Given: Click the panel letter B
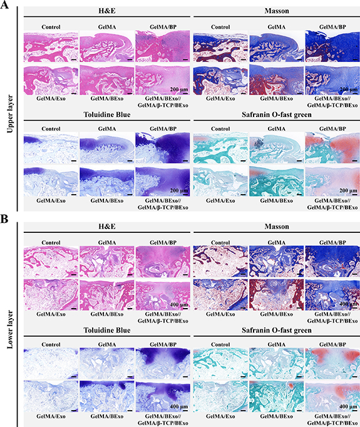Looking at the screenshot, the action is click(x=4, y=219).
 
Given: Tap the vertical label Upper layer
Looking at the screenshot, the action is click(x=10, y=114).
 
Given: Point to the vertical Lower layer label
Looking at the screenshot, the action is click(x=10, y=329).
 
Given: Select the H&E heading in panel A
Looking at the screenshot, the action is click(x=106, y=11).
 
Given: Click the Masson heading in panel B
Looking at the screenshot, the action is click(x=276, y=227).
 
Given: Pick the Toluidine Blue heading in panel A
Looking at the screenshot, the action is click(x=106, y=115).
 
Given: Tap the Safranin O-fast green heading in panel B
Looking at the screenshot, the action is click(x=276, y=331).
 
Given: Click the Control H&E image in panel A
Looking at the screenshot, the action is click(x=51, y=46).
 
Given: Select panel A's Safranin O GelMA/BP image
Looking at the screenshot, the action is click(x=332, y=148).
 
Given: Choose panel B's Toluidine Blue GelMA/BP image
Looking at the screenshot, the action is click(x=163, y=364).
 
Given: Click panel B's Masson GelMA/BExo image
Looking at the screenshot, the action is click(x=276, y=295).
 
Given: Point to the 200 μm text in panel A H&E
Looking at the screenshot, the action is click(x=179, y=90).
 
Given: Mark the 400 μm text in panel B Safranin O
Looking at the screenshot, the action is click(x=348, y=406).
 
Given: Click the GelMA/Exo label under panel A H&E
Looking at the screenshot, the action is click(x=51, y=98).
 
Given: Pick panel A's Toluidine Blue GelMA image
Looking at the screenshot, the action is click(x=106, y=148).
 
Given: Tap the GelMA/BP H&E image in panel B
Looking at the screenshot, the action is click(x=163, y=262).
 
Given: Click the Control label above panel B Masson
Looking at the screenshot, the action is click(x=220, y=243).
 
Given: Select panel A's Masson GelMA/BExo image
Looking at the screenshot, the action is click(x=276, y=80).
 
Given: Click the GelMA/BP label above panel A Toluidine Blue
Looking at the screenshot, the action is click(x=163, y=129).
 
